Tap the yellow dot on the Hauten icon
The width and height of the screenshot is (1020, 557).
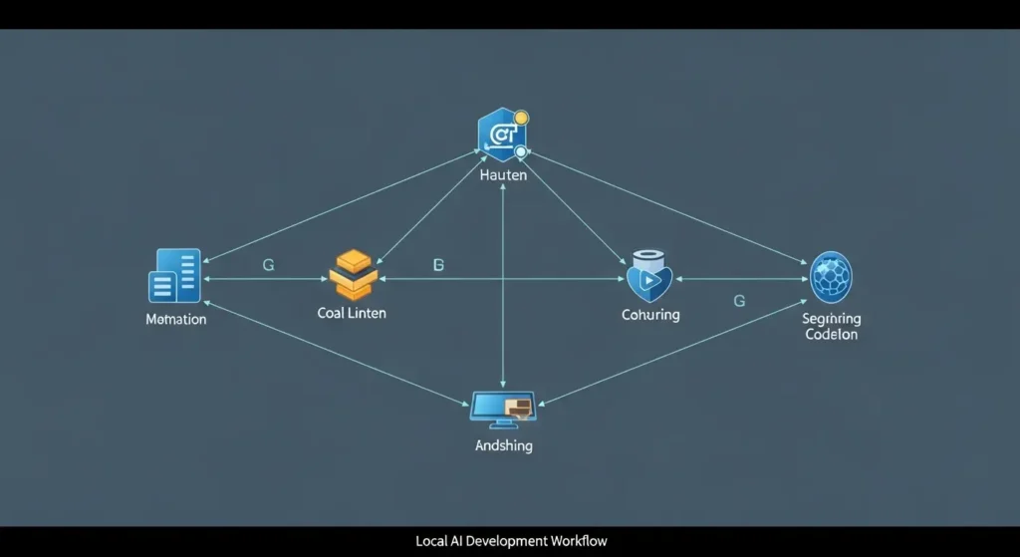[x=520, y=119]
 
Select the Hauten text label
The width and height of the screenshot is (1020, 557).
[x=503, y=176]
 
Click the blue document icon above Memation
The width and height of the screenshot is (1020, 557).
[x=175, y=276]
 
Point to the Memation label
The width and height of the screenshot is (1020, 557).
[x=176, y=320]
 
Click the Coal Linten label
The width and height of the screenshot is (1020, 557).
[x=352, y=313]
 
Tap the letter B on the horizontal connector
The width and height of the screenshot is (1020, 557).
[x=438, y=265]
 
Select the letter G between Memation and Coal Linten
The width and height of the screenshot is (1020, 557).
[x=268, y=265]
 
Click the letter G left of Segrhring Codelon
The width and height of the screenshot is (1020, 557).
[x=738, y=300]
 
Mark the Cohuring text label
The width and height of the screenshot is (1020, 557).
[x=650, y=315]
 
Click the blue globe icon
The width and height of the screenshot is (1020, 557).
[x=831, y=277]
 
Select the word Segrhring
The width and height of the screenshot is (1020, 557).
[x=831, y=319]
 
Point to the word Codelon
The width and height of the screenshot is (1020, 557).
[x=831, y=335]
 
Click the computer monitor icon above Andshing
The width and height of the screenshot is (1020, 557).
[x=503, y=407]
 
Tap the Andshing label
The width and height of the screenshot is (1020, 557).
[x=503, y=446]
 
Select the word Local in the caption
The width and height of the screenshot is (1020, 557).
[x=432, y=541]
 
